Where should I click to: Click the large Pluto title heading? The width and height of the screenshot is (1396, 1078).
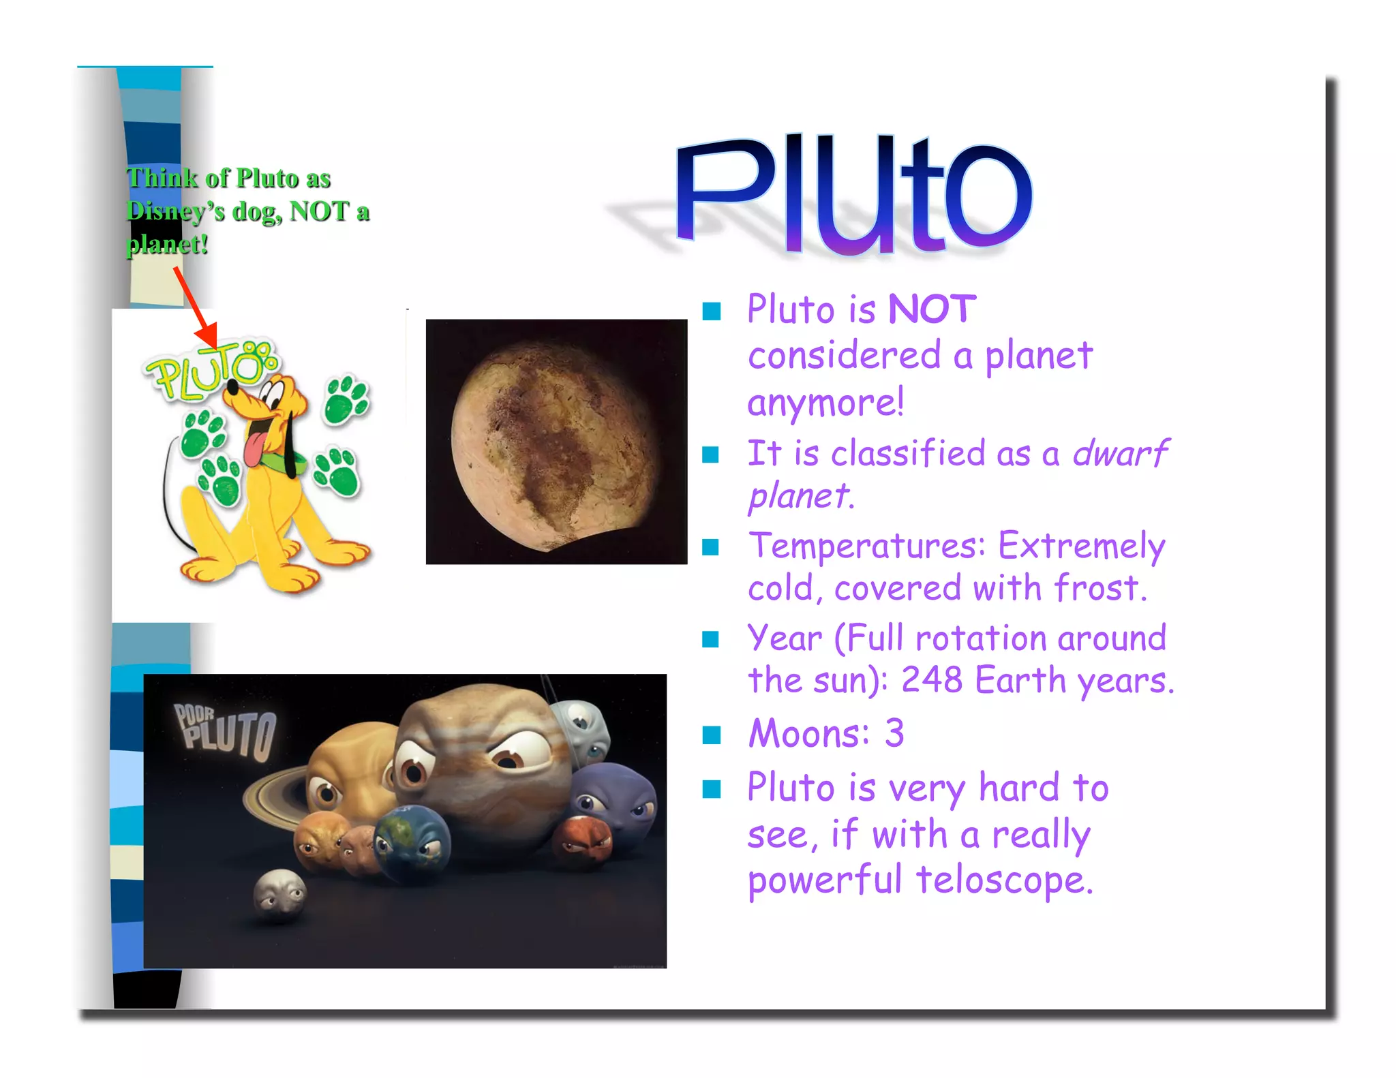[x=853, y=194]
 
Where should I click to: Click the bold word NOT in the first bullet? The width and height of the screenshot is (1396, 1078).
[x=932, y=310]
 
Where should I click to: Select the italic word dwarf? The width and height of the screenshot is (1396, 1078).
[x=1120, y=454]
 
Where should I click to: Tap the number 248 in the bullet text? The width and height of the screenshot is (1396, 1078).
[x=931, y=680]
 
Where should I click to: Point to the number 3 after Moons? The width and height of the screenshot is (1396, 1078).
[x=894, y=734]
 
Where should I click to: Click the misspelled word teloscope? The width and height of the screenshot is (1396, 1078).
[x=1004, y=880]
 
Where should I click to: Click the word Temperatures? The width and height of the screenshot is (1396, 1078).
[x=866, y=546]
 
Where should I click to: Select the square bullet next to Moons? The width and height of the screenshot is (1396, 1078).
[x=711, y=735]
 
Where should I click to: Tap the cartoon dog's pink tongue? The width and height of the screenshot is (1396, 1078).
[x=254, y=446]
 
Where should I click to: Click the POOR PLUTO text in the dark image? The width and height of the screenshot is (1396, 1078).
[x=225, y=732]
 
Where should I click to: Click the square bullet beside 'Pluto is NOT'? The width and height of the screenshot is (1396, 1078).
[x=711, y=311]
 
